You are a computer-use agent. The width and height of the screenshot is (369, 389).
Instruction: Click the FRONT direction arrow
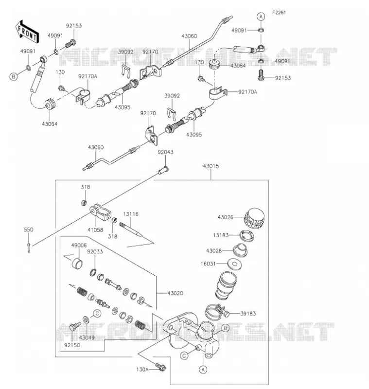(26, 31)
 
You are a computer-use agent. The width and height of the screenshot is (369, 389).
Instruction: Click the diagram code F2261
(279, 13)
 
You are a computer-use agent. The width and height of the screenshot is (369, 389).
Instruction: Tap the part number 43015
(211, 166)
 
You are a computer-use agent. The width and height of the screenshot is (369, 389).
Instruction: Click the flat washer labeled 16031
(235, 264)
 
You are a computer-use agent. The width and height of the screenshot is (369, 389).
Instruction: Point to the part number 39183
(248, 314)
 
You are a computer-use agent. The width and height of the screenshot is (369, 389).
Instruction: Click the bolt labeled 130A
(160, 367)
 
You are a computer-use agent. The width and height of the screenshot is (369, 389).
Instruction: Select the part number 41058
(95, 230)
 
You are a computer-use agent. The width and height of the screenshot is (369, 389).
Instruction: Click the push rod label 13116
(131, 214)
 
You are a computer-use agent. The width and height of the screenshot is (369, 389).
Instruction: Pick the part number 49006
(79, 246)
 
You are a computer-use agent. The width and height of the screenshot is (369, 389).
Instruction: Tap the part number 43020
(175, 293)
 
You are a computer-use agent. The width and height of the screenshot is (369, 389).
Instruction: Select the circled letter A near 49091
(261, 17)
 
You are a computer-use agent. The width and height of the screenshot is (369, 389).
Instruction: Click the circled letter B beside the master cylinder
(225, 328)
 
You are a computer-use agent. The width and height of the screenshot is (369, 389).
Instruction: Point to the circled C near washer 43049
(97, 314)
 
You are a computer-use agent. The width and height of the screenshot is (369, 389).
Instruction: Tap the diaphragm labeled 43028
(240, 250)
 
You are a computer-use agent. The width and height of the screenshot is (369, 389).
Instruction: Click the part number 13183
(221, 235)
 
